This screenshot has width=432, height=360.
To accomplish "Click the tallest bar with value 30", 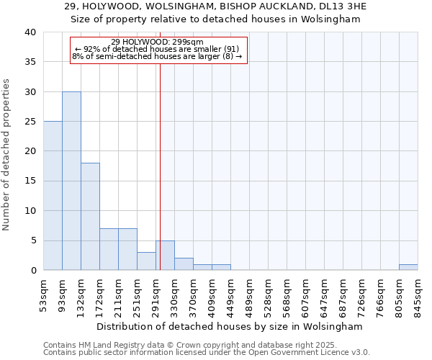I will tap(71, 181).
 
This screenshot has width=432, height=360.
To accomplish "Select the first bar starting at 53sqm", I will tap(53, 196).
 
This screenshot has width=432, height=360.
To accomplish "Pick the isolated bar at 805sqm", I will tap(408, 267).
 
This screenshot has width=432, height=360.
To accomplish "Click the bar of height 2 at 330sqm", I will tap(184, 264).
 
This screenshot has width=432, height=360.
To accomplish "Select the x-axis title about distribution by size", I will tap(230, 326).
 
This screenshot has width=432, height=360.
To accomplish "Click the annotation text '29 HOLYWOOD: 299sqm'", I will tap(158, 42).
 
